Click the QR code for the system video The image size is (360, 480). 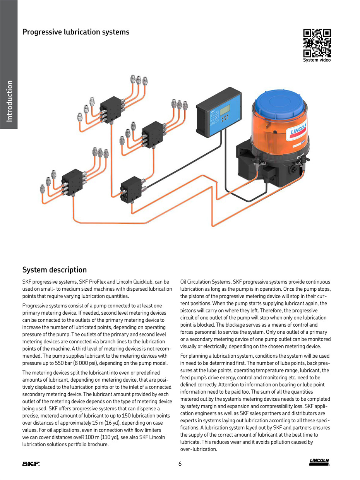pos(317,43)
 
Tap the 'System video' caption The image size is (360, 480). pos(317,60)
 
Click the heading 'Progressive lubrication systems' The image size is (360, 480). pos(76,32)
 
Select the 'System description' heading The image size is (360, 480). pos(55,270)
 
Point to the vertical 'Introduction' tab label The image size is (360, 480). pos(9,101)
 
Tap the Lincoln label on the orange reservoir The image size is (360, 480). pos(297,130)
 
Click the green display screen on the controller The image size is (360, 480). pos(225,110)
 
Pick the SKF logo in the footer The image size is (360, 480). pos(31,464)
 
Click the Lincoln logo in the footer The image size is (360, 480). pos(319,462)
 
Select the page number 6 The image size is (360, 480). pos(180,464)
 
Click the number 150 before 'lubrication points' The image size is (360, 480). pos(126,415)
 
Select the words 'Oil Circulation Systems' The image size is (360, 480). pos(206,282)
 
